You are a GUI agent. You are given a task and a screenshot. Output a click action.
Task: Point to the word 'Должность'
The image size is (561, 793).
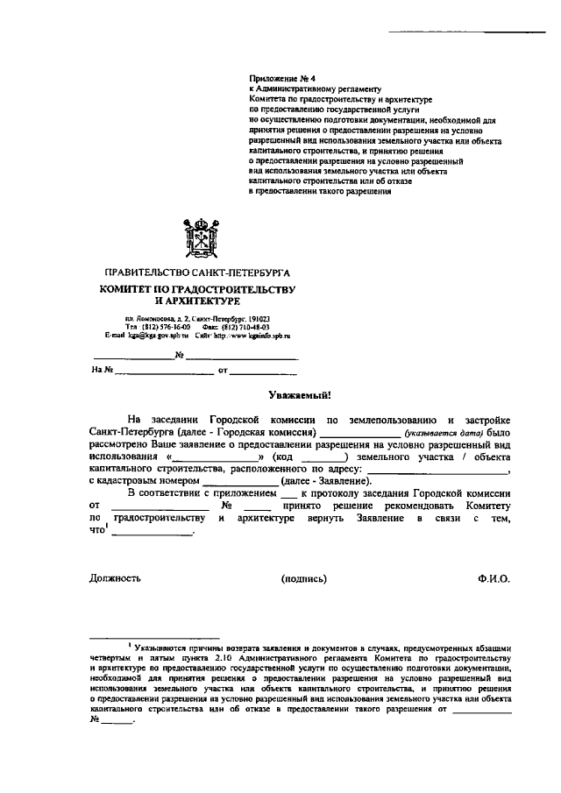tap(115, 578)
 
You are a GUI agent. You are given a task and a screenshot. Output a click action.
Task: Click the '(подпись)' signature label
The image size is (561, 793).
tap(304, 578)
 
